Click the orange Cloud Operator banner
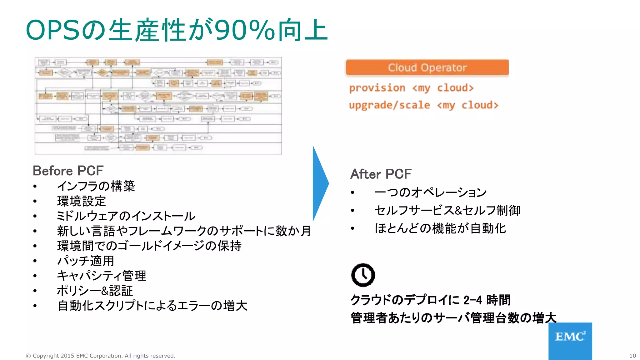coord(427,67)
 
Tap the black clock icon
coord(363,275)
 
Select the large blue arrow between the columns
coord(320,184)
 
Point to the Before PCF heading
coord(68,171)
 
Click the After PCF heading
coord(381,174)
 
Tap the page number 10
coord(632,356)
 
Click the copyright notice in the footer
coord(100,356)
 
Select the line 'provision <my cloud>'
coord(411,88)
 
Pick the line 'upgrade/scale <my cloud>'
coord(423,105)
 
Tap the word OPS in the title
coord(52,30)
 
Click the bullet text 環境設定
coord(82,201)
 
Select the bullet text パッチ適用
coord(86,261)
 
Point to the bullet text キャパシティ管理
coord(102,276)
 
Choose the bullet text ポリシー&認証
coord(95,291)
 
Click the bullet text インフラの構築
coord(96,186)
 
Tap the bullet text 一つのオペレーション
coord(431,192)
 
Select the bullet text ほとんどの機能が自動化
coord(440,228)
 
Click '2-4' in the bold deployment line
coord(473,300)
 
